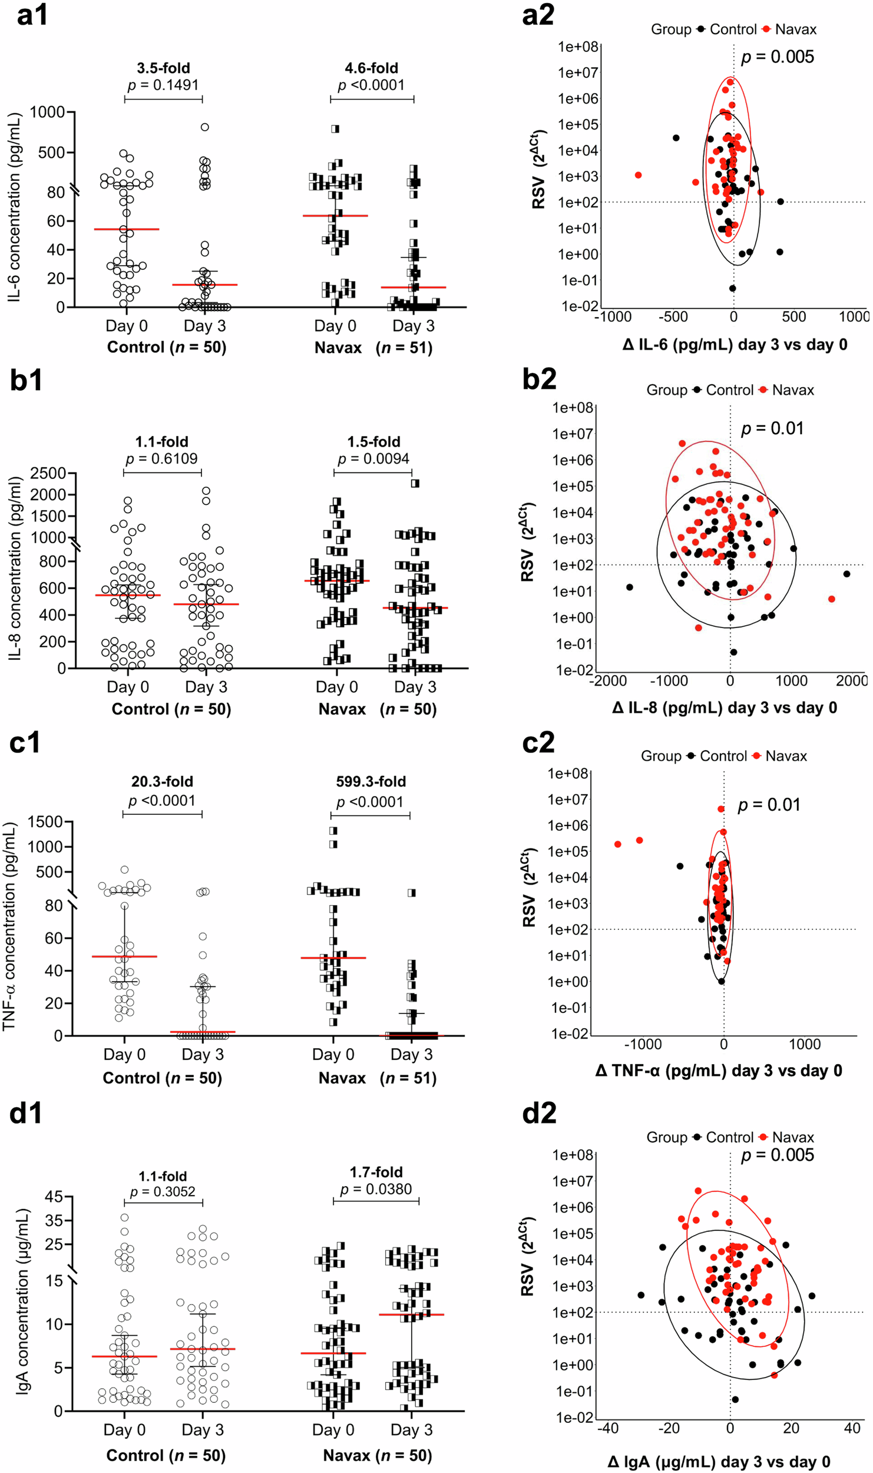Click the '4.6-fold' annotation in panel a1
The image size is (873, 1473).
point(371,68)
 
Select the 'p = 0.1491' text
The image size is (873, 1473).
point(163,85)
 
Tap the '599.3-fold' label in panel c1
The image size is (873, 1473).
point(371,782)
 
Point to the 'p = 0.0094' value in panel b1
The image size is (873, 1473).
point(373,458)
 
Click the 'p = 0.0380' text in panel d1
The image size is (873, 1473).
point(376,1189)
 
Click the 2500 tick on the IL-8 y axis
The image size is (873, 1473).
point(48,473)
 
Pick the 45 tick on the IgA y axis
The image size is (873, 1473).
point(54,1197)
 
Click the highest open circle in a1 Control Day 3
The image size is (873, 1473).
point(205,127)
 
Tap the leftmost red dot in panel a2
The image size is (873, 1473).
point(638,175)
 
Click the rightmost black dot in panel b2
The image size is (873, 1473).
point(846,574)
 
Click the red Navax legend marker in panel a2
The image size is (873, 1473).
point(766,29)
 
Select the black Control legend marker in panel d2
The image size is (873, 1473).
point(697,1137)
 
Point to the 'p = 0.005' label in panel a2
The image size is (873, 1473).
point(778,57)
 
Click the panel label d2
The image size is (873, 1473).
point(539,1113)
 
